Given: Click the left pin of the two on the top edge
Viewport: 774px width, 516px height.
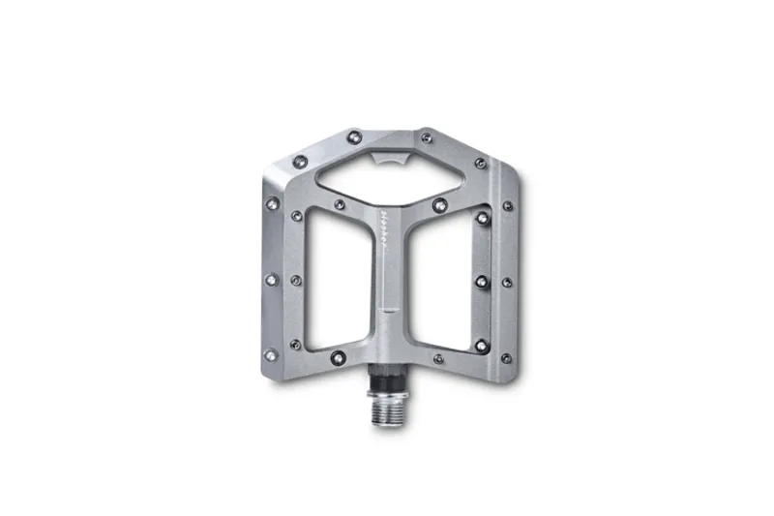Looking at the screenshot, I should [x=354, y=135].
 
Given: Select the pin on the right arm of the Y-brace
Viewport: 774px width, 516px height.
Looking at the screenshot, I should [x=441, y=204].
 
